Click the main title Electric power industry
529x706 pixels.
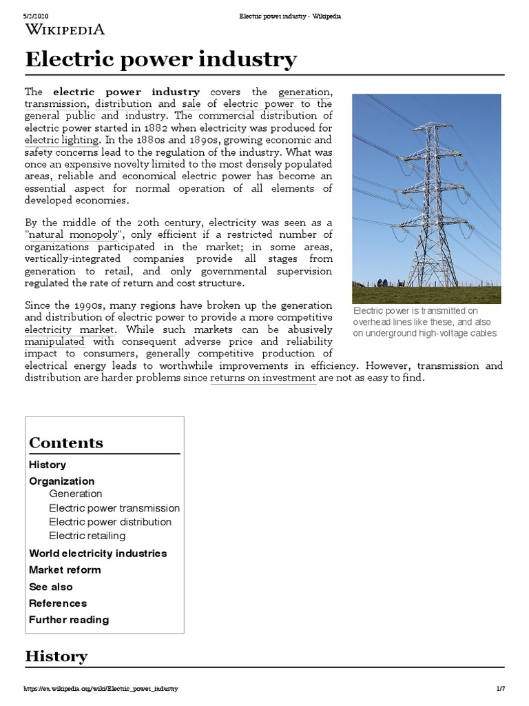click(x=160, y=59)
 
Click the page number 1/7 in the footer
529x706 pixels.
click(x=500, y=689)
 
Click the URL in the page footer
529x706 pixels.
click(x=101, y=689)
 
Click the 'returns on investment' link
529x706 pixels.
click(x=263, y=378)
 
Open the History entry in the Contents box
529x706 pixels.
click(x=48, y=465)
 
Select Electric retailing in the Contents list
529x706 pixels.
click(x=87, y=536)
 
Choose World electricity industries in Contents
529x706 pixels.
click(x=98, y=553)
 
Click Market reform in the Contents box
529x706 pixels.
click(x=65, y=569)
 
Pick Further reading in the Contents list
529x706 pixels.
click(x=69, y=619)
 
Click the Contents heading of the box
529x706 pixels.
click(x=66, y=443)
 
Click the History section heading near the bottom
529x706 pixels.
click(x=56, y=656)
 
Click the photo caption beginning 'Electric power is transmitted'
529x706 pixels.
click(x=424, y=322)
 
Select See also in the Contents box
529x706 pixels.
click(x=50, y=587)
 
